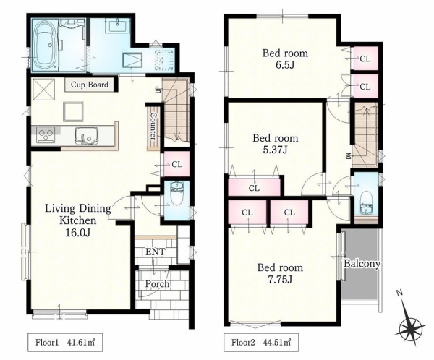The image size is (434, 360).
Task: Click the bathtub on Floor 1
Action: click(46, 45)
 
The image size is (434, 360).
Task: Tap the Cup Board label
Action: click(90, 85)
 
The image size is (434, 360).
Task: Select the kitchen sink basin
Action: click(86, 136)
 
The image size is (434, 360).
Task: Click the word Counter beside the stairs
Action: click(153, 126)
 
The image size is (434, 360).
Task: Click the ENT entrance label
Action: click(155, 252)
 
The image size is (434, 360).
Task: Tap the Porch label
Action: click(157, 284)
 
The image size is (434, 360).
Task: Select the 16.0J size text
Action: click(78, 233)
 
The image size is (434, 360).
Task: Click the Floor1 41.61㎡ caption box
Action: click(65, 343)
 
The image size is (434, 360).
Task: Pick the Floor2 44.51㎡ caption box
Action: click(261, 343)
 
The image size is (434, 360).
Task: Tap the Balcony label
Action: click(362, 263)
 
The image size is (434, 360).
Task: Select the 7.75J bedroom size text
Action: click(280, 280)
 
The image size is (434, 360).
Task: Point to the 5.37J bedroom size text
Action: click(275, 150)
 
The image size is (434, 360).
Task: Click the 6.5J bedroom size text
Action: click(285, 65)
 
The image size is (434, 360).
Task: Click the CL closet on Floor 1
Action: click(177, 164)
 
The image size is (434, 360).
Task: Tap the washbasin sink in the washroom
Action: click(118, 26)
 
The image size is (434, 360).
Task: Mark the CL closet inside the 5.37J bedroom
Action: click(254, 188)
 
